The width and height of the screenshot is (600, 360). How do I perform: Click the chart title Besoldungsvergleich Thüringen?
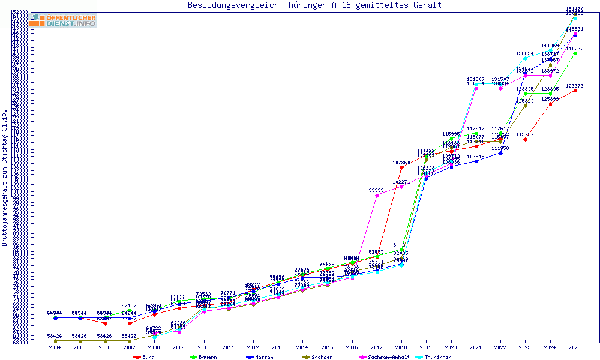click(314, 5)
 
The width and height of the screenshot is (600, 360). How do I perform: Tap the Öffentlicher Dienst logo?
click(64, 20)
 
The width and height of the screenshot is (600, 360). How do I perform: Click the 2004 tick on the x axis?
click(55, 347)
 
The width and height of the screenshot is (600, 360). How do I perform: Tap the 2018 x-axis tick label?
click(401, 347)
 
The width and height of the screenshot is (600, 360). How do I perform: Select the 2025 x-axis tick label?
click(575, 347)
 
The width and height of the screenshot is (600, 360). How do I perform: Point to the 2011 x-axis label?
click(229, 347)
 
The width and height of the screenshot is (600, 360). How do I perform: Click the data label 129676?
click(575, 86)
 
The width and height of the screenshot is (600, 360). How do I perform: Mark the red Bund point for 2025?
click(575, 91)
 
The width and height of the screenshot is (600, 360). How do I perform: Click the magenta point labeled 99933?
click(377, 196)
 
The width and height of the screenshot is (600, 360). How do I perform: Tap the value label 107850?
click(401, 163)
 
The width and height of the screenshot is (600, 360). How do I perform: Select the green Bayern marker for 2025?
click(575, 54)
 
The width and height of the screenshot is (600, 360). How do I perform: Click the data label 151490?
click(575, 9)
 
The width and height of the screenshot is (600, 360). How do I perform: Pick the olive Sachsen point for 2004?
click(55, 341)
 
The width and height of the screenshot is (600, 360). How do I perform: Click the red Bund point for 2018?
click(401, 168)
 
